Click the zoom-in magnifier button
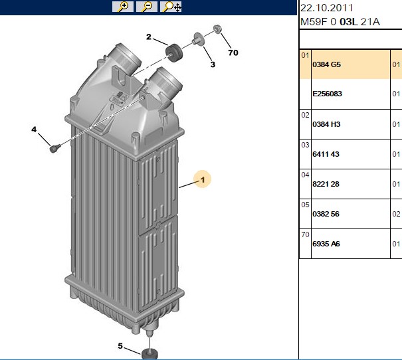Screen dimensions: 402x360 click(123, 7)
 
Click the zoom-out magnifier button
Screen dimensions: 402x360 click(147, 7)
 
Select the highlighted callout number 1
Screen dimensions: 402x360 click(203, 179)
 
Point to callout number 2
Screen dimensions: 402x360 click(149, 37)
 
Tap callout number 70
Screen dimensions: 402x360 click(233, 52)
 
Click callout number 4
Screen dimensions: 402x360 click(34, 130)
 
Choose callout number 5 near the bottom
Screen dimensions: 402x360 click(120, 346)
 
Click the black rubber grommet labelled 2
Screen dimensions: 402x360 click(174, 52)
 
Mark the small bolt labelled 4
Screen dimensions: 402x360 click(55, 148)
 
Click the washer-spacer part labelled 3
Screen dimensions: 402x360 click(199, 39)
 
